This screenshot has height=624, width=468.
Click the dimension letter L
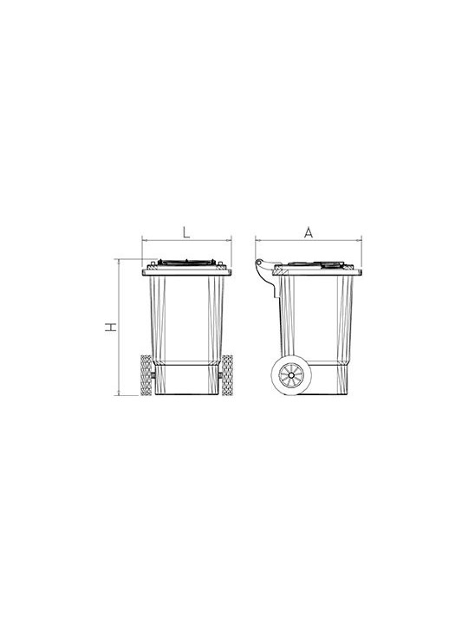coord(186,232)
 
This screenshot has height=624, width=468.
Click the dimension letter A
coord(309,232)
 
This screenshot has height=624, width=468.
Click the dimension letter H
coord(111,327)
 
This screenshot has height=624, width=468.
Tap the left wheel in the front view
coord(146,375)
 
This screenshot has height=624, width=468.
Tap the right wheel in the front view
coord(227,375)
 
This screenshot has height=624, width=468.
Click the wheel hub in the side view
coord(291,375)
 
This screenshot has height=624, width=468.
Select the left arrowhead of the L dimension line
coord(145,240)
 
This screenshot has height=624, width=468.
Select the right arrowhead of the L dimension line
coord(229,240)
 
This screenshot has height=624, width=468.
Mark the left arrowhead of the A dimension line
coord(258,240)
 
